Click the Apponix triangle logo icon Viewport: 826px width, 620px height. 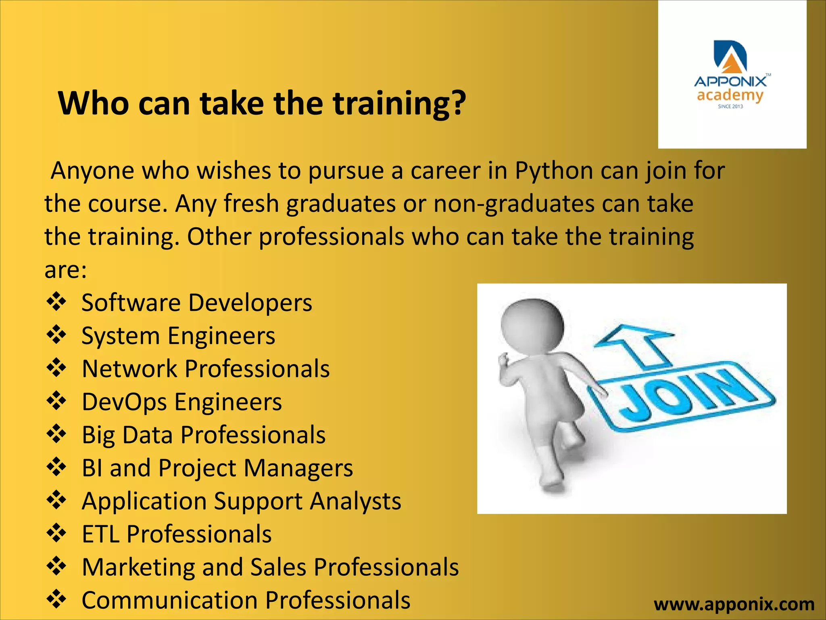point(730,57)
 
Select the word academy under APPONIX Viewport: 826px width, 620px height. point(730,96)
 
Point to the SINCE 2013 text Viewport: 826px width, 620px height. point(730,107)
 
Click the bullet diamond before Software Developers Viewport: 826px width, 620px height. point(56,302)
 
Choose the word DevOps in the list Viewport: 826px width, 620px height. point(124,402)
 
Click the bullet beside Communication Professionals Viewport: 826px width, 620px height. point(56,599)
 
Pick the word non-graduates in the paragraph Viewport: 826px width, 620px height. point(514,204)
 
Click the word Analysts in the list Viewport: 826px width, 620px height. point(355,501)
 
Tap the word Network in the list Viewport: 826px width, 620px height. point(129,369)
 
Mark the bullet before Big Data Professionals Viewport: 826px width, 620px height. point(56,434)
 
